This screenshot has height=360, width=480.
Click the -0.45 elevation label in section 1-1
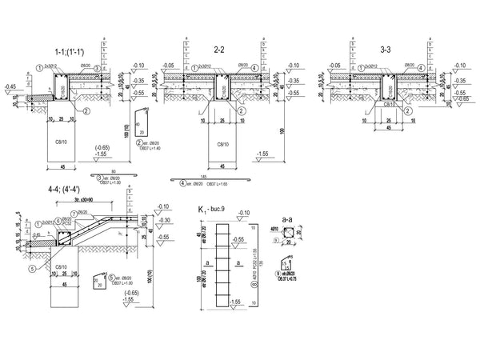coord(10,85)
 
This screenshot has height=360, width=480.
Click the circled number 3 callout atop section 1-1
coord(97,69)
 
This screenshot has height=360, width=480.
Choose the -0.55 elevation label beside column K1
coord(238,238)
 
